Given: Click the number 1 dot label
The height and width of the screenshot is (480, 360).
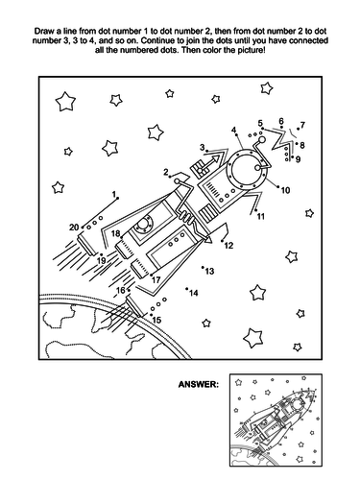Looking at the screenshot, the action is (113, 194).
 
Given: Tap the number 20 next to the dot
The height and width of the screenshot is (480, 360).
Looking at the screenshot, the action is (74, 228).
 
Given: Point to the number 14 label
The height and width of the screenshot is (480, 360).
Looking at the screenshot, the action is (194, 293).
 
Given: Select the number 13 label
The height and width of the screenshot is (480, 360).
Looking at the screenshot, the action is (209, 272).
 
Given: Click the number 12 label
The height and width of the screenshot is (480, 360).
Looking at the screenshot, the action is (228, 246).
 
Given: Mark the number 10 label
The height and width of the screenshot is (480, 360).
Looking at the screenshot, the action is (285, 190).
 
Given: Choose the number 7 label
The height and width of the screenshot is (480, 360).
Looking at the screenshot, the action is (302, 125).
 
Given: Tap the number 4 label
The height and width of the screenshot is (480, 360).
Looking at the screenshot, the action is (234, 131).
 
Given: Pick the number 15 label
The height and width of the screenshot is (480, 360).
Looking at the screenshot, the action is (156, 320).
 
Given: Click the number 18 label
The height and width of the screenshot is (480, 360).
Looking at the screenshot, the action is (116, 233).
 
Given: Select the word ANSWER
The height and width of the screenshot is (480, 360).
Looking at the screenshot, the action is (199, 384).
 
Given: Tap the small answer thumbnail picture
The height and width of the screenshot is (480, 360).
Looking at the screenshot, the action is (276, 420).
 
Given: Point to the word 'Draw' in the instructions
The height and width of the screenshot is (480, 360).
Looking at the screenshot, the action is (42, 32).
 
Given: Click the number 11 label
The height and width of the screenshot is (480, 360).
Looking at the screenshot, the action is (261, 217).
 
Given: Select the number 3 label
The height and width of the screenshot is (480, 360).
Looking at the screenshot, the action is (203, 148).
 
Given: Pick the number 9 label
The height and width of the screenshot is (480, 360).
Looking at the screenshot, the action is (298, 159).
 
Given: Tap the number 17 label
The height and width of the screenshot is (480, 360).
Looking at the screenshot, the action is (156, 280).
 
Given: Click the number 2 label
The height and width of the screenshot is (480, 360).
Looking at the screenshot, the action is (166, 172).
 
